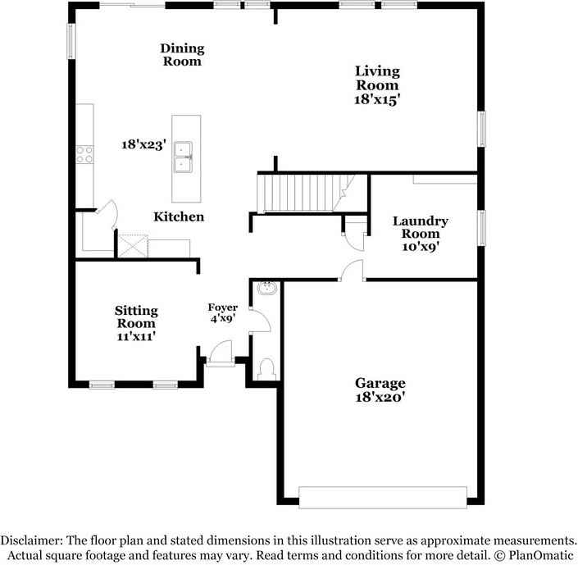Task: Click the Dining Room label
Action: click(181, 55)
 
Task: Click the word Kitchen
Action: click(179, 216)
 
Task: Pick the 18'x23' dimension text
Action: click(143, 144)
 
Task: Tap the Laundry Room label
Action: click(420, 227)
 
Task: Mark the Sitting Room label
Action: click(135, 317)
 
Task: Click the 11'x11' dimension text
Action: click(135, 335)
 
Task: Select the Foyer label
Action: click(222, 308)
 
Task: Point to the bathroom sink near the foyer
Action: click(267, 289)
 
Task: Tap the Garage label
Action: click(380, 383)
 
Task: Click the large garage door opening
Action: click(382, 496)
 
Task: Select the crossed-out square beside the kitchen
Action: click(131, 245)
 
